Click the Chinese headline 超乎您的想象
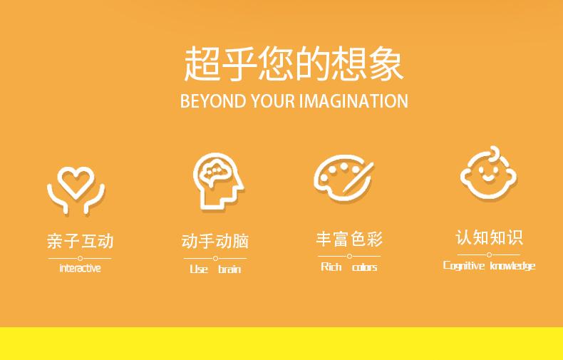coord(294,63)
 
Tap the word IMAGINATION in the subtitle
coord(353,101)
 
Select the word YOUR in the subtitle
coord(272,101)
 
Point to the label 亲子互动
coord(80,241)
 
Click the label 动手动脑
coord(215,241)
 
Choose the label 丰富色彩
coord(349,239)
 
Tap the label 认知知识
coord(489,237)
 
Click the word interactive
coord(80,268)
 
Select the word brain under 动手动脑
coord(229,269)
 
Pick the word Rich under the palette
coord(331,267)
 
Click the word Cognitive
coord(464,265)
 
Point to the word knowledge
coord(512,265)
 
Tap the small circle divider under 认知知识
coord(489,254)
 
